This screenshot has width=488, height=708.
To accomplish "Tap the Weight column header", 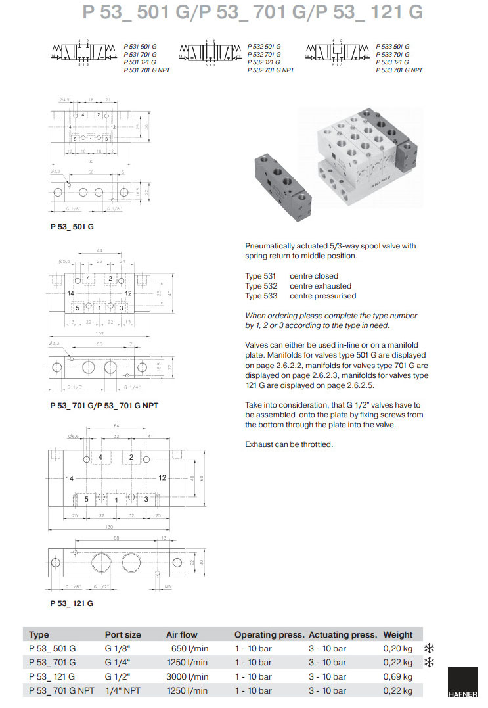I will pyautogui.click(x=398, y=634).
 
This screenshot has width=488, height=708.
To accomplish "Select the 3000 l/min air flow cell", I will pyautogui.click(x=187, y=676).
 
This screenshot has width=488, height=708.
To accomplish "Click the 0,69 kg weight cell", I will pyautogui.click(x=398, y=676).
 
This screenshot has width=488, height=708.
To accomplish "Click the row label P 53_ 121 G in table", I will pyautogui.click(x=53, y=676).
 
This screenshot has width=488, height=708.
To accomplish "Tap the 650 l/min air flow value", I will pyautogui.click(x=189, y=648).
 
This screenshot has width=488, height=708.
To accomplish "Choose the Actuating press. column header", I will pyautogui.click(x=343, y=634).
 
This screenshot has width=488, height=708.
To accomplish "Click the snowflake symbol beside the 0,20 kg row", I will pyautogui.click(x=430, y=648).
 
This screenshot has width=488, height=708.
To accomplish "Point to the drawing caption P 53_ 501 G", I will pyautogui.click(x=72, y=227).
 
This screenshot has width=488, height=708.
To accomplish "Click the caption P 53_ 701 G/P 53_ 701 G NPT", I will pyautogui.click(x=104, y=405).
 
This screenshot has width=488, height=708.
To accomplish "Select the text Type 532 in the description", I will pyautogui.click(x=261, y=286).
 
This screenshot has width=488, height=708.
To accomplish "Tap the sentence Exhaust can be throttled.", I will pyautogui.click(x=289, y=444).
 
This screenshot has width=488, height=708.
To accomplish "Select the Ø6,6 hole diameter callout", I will pyautogui.click(x=74, y=437).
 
